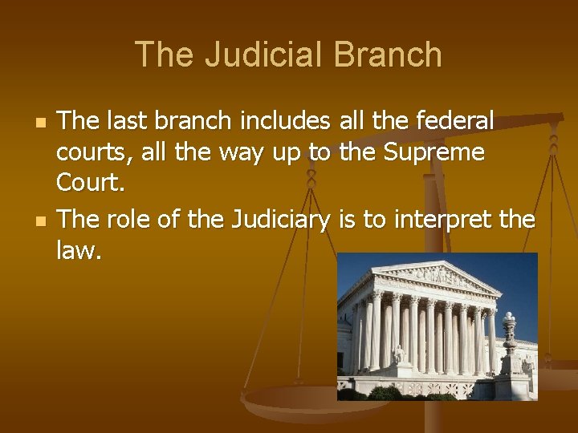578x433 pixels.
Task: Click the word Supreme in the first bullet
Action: pos(437,152)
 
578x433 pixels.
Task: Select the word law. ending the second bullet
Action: pos(79,252)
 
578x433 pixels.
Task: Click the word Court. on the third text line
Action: pos(91,184)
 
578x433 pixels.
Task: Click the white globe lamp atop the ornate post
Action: pos(507,321)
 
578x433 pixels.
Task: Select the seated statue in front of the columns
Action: pos(399,354)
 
